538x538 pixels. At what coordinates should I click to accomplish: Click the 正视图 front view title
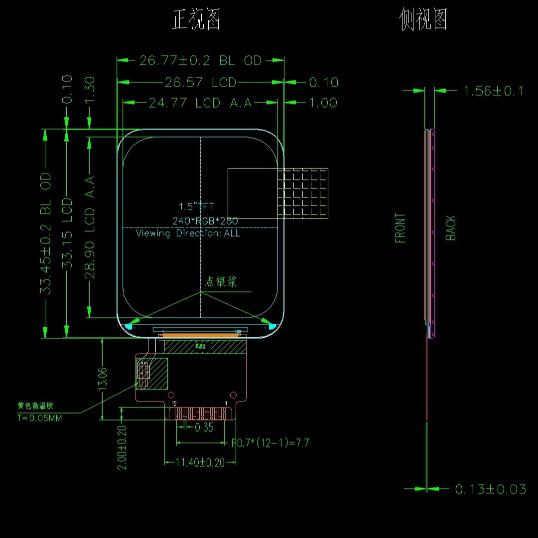[196, 20]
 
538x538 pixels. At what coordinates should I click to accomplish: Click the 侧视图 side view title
[423, 20]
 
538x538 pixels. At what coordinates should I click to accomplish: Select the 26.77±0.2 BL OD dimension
[200, 61]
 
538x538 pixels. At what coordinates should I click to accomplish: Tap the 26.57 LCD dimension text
[200, 82]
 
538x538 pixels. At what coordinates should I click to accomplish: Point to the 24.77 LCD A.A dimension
[200, 103]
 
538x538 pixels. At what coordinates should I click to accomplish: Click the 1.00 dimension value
[323, 103]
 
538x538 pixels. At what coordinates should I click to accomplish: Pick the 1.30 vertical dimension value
[89, 90]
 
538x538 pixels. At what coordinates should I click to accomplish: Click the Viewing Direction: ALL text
[188, 233]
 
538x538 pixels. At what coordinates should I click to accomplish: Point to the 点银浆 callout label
[221, 281]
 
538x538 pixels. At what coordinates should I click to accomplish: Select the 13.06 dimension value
[102, 379]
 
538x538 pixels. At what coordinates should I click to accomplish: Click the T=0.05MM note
[40, 418]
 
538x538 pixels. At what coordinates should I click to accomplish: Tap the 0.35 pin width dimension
[204, 427]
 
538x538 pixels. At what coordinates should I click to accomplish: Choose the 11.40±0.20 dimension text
[200, 462]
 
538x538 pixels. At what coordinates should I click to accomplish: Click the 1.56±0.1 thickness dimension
[494, 91]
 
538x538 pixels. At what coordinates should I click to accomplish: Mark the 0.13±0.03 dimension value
[491, 489]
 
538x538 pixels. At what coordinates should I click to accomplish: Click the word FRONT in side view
[400, 228]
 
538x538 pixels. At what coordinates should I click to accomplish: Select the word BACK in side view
[451, 228]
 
